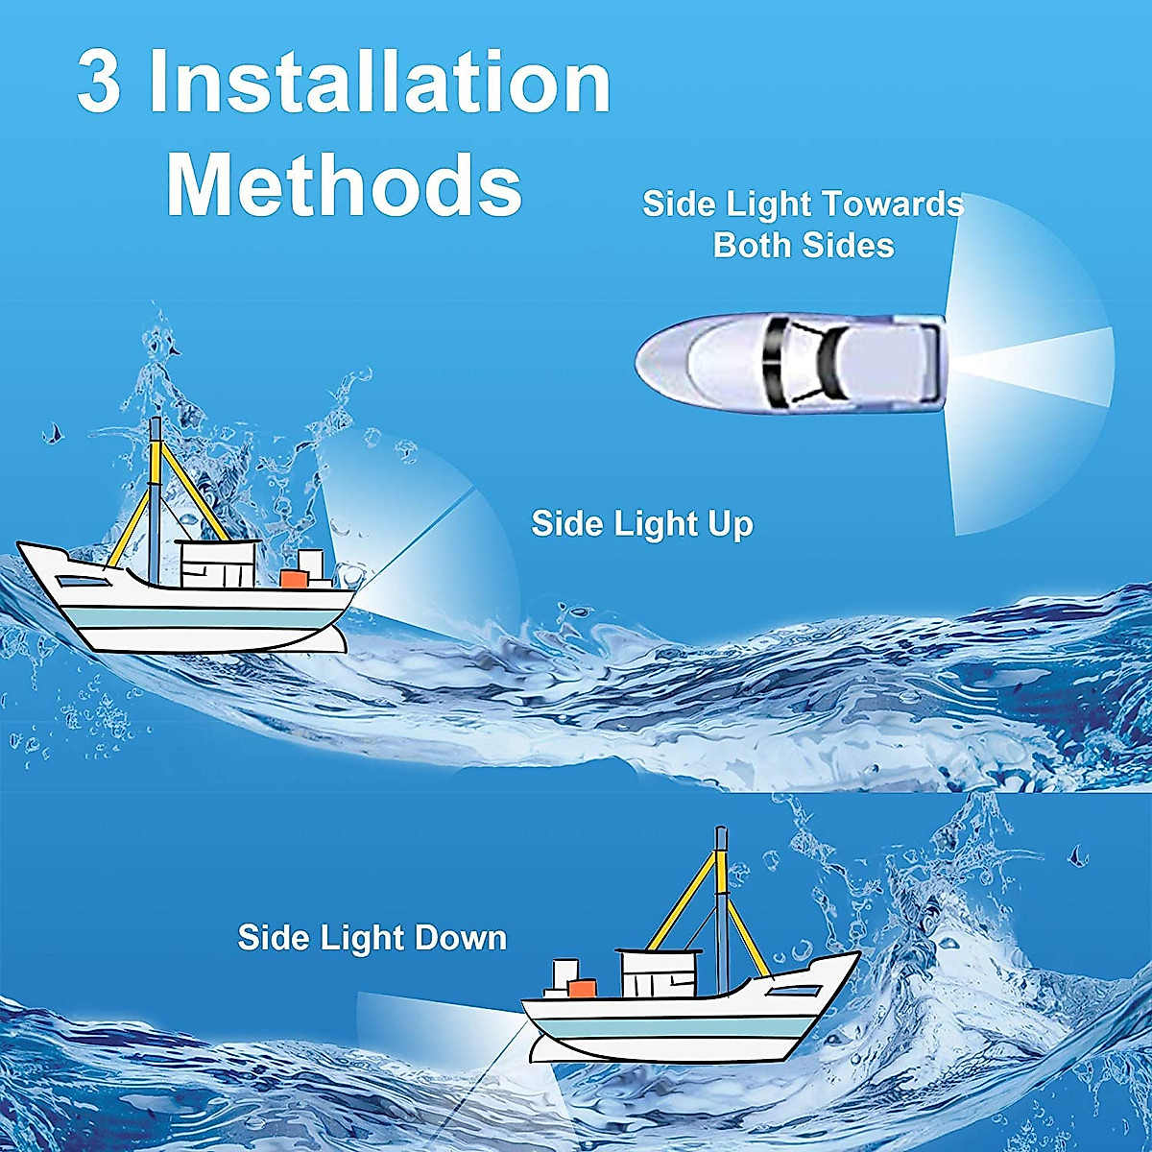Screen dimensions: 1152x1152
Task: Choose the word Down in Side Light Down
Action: point(457,938)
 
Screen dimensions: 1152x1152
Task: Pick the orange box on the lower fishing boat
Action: point(582,987)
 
